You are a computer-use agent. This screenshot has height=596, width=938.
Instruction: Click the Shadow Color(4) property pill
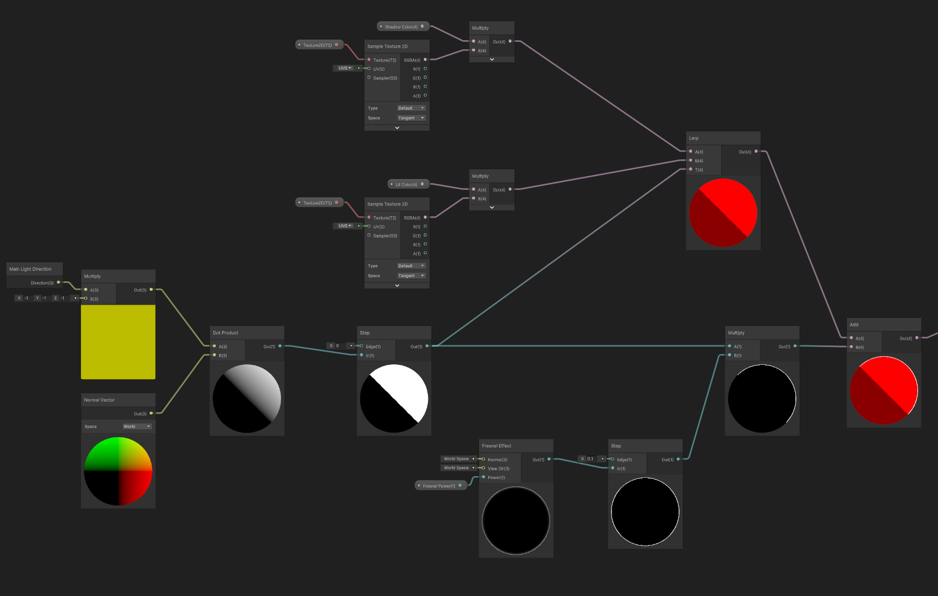[x=402, y=27]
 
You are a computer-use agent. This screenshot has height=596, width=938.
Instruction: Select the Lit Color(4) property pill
[x=407, y=185]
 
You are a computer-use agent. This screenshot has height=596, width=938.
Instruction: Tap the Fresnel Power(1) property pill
[x=439, y=486]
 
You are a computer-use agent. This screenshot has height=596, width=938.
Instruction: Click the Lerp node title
[x=694, y=138]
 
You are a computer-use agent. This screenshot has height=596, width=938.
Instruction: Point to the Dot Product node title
[x=225, y=333]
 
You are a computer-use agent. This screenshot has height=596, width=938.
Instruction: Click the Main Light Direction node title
[x=30, y=269]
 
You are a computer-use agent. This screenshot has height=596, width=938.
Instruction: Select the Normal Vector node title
[x=99, y=400]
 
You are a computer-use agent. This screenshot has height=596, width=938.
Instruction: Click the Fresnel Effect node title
[x=497, y=446]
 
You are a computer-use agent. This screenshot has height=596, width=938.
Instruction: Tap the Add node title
[x=854, y=325]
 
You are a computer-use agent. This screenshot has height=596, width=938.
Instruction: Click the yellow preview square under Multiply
[x=118, y=342]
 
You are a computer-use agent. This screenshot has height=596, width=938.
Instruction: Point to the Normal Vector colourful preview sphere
[x=118, y=472]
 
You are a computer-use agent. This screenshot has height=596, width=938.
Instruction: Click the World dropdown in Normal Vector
[x=137, y=426]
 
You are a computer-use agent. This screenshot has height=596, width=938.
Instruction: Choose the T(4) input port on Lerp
[x=691, y=169]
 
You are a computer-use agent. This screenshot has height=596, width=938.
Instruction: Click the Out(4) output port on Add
[x=917, y=338]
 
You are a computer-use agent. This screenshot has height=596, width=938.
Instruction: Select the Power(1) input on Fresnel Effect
[x=484, y=477]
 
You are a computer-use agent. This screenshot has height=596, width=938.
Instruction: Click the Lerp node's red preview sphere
[x=723, y=213]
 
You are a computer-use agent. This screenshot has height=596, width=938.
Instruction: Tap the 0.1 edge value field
[x=590, y=459]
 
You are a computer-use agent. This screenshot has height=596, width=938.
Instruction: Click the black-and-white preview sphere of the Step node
[x=394, y=399]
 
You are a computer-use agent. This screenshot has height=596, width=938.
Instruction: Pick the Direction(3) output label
[x=42, y=283]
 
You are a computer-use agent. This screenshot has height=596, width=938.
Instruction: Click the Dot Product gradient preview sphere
[x=247, y=399]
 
